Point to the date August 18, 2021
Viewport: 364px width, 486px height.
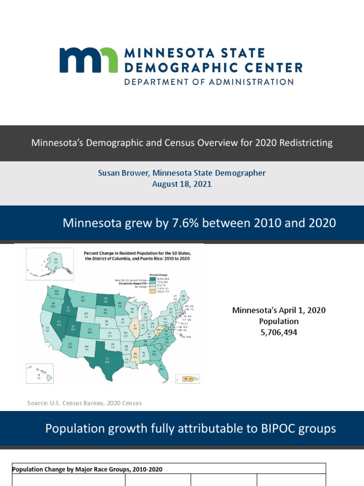click(182, 184)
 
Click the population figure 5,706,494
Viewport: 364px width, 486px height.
click(279, 333)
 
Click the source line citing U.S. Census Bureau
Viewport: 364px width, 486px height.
click(85, 403)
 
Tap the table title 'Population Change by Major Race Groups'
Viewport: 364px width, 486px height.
click(87, 469)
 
